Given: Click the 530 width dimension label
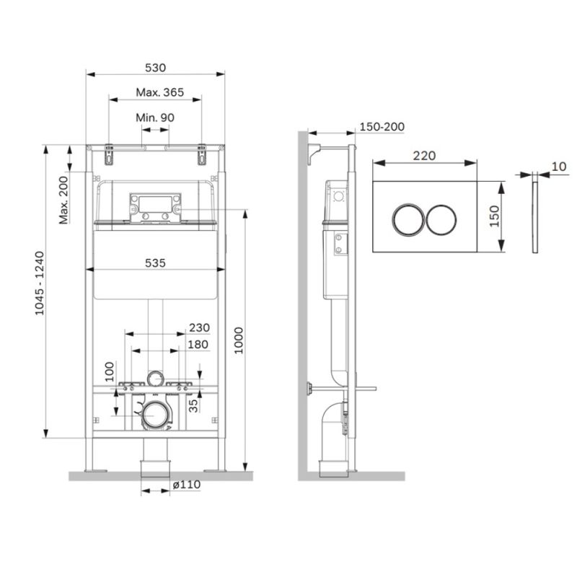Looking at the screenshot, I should click(156, 67).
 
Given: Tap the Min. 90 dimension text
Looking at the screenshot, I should click(155, 118).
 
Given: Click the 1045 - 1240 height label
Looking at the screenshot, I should click(39, 291).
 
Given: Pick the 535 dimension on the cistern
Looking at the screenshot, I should click(155, 264).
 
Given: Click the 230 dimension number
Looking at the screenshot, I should click(199, 327).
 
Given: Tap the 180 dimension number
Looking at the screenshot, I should click(198, 344).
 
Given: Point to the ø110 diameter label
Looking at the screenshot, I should click(187, 485).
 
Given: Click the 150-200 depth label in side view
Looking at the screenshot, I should click(382, 127).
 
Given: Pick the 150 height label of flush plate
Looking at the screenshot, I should click(493, 215).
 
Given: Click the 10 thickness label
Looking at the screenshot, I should click(558, 167).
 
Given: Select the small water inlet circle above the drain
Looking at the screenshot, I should click(155, 377).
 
